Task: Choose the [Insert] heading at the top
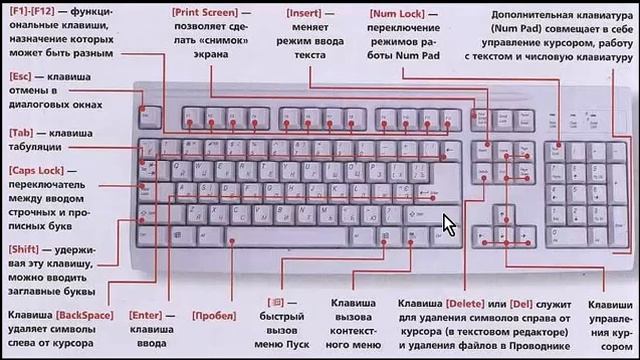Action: pyautogui.click(x=304, y=11)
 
